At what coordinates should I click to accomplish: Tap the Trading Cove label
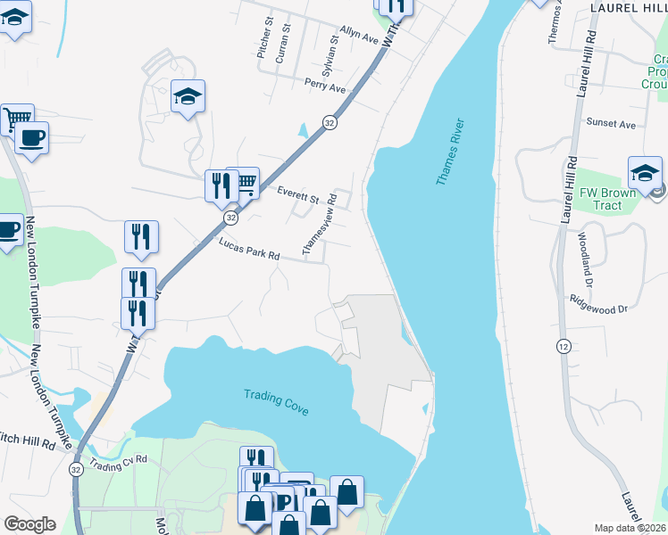(x=276, y=402)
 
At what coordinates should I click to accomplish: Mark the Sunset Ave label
(x=610, y=123)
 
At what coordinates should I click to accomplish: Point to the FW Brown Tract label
(x=606, y=199)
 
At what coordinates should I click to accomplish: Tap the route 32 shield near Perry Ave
(x=330, y=123)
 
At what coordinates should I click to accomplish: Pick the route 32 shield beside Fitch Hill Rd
(x=75, y=468)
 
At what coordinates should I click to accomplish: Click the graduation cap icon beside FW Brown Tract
(x=645, y=172)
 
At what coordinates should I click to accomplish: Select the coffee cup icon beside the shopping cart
(x=31, y=137)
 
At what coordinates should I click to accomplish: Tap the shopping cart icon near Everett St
(x=244, y=183)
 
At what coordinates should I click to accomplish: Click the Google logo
(x=29, y=523)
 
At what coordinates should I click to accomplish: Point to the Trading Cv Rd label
(x=118, y=464)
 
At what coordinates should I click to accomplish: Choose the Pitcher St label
(x=264, y=37)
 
